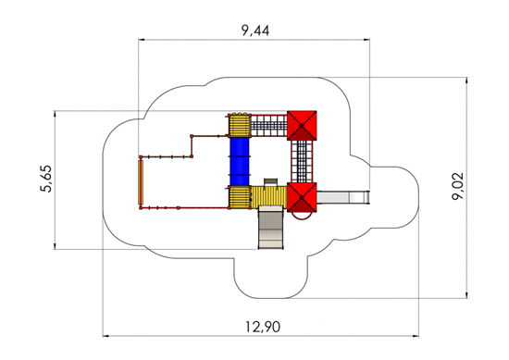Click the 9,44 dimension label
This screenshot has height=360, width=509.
[255, 31]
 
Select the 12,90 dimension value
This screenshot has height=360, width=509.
[263, 327]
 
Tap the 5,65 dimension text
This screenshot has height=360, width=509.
[46, 180]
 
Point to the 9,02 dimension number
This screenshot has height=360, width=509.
[458, 186]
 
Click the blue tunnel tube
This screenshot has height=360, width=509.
[240, 162]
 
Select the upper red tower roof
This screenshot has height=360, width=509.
[302, 126]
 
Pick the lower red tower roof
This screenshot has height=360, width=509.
[302, 197]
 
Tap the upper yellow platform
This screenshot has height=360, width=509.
[240, 125]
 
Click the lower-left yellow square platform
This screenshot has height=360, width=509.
[240, 197]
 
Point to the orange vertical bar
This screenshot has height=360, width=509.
[141, 182]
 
